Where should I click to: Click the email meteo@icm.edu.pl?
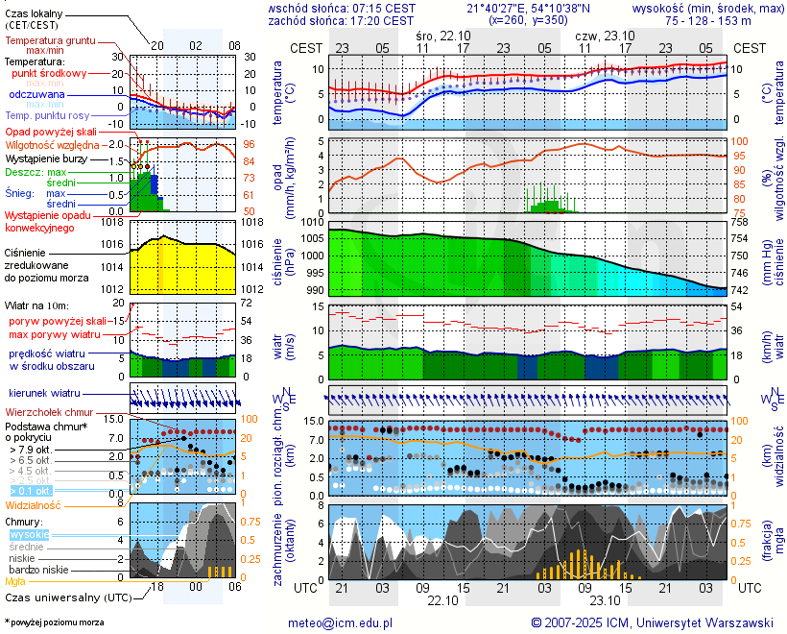pos(341,622)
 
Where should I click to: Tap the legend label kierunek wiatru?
pos(44,394)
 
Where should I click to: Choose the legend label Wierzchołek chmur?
pos(49,411)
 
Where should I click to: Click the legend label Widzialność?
pos(34,504)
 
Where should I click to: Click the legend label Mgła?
pos(15,581)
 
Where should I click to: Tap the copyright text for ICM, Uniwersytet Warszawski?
pos(652,622)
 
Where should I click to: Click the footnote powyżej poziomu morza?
pos(56,622)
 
